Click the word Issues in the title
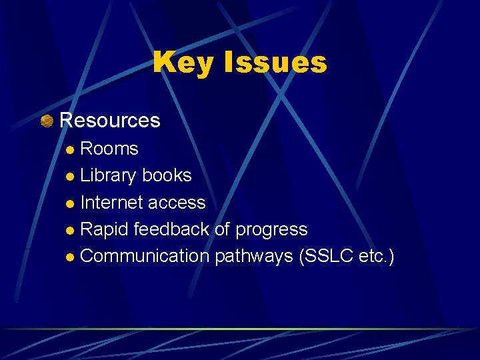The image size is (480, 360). (275, 63)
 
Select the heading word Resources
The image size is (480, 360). (110, 120)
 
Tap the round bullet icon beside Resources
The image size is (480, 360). (47, 121)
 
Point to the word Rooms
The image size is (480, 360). (109, 149)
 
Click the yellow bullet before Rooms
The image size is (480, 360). (71, 150)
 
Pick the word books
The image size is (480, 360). (167, 175)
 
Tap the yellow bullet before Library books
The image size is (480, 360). (71, 177)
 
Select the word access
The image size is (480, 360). (177, 203)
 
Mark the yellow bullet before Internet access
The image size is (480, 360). (71, 203)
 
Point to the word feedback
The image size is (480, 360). (172, 229)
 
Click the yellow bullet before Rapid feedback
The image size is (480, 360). (71, 231)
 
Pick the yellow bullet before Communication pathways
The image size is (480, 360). (71, 257)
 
